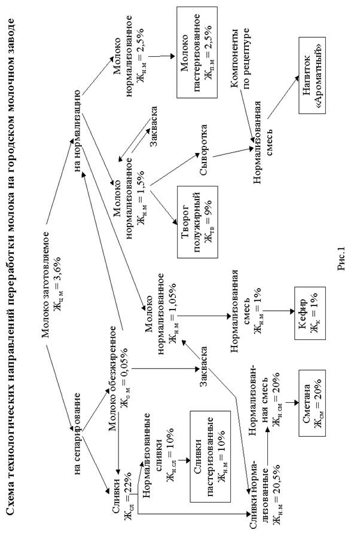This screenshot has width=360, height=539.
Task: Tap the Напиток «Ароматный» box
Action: pyautogui.click(x=312, y=76)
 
